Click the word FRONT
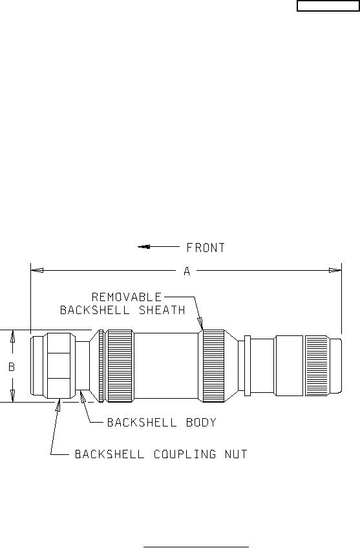coord(206,248)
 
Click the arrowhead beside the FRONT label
coord(143,247)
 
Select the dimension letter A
coord(187,271)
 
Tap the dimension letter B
coord(12,366)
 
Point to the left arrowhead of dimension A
coord(37,270)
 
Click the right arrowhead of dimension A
coord(335,270)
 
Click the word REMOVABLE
coord(127,297)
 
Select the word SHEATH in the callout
coord(162,310)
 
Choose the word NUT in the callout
coord(236,454)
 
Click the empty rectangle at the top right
coord(328,6)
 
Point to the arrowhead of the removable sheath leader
coord(200,323)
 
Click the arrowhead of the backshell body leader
coord(83,397)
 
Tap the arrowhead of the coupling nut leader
coord(58,405)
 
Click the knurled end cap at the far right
coord(323,366)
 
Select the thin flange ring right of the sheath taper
coord(247,366)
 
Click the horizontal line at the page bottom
coord(196,547)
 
